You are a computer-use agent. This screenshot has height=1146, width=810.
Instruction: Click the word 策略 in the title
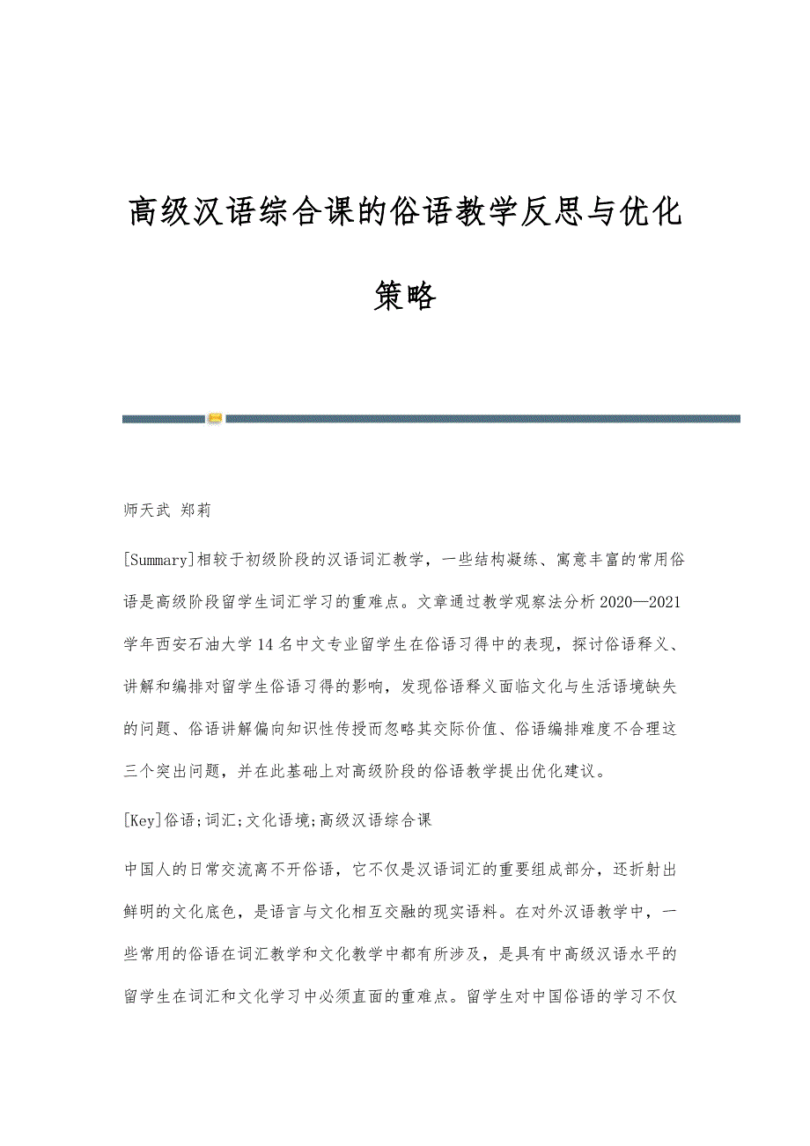pos(405,297)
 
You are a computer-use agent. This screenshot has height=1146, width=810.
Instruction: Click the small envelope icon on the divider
pos(215,418)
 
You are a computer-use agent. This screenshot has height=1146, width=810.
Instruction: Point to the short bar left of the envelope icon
pos(164,419)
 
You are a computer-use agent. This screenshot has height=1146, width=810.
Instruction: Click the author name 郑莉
pos(195,510)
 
